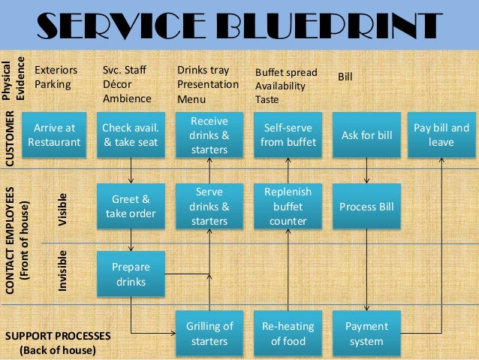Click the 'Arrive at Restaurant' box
pyautogui.click(x=54, y=135)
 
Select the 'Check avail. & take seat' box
pyautogui.click(x=131, y=135)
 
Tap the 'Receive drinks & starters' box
pyautogui.click(x=209, y=135)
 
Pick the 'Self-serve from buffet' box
pyautogui.click(x=288, y=135)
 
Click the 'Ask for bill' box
pyautogui.click(x=366, y=135)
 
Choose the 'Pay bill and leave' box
pyautogui.click(x=441, y=135)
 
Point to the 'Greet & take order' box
pyautogui.click(x=131, y=207)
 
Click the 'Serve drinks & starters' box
pyautogui.click(x=209, y=207)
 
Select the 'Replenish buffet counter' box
pyautogui.click(x=288, y=207)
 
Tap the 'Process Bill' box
pyautogui.click(x=366, y=207)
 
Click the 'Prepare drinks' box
pyautogui.click(x=131, y=274)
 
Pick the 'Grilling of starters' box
pyautogui.click(x=209, y=334)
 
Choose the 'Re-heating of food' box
pyautogui.click(x=288, y=334)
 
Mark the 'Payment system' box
pyautogui.click(x=366, y=334)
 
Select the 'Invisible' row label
pyautogui.click(x=63, y=271)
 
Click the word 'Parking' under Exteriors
pyautogui.click(x=53, y=84)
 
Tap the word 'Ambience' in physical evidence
pyautogui.click(x=126, y=98)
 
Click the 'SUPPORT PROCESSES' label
pyautogui.click(x=58, y=335)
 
